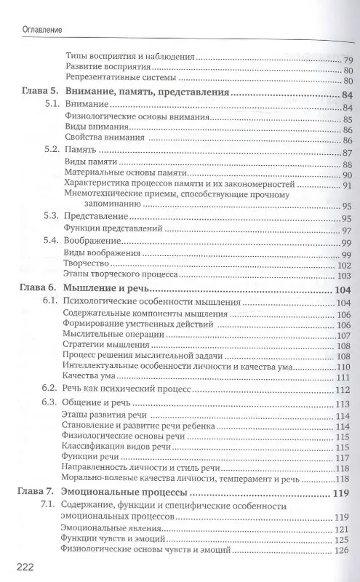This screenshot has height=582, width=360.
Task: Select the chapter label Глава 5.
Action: pyautogui.click(x=38, y=93)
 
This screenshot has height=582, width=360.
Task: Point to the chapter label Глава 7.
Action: pyautogui.click(x=38, y=493)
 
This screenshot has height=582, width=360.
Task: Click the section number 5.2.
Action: pyautogui.click(x=50, y=151)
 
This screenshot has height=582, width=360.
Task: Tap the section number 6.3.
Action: pyautogui.click(x=50, y=404)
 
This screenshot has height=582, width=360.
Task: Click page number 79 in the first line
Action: pyautogui.click(x=348, y=57)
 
